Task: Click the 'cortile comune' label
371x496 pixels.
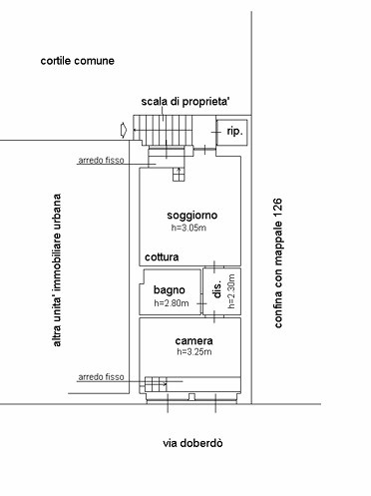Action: pos(77,61)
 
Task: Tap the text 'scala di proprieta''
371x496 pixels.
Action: pos(185,102)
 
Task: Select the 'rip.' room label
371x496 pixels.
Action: pos(234,131)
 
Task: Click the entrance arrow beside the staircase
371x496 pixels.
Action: pos(124,130)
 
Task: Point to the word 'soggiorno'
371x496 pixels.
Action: pos(192,216)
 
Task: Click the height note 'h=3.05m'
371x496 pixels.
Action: pos(188,228)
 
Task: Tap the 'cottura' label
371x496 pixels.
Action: pos(162,257)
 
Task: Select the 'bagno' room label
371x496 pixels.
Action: pos(170,290)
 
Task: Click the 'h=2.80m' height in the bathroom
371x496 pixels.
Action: pos(172,303)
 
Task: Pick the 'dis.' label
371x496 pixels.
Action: pos(217,290)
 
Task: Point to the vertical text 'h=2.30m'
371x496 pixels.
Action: pos(231,291)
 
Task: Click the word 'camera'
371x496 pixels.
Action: pos(194,341)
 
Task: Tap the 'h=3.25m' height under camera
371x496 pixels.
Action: pos(194,352)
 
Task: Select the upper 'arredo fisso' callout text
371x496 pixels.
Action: pos(101,161)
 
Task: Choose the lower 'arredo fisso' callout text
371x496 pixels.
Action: pos(101,377)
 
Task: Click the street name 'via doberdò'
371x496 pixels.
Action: pos(192,443)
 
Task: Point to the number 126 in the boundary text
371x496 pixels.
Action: pos(278,208)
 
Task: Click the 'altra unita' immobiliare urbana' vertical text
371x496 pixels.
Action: pos(57,270)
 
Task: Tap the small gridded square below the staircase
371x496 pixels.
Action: pos(179,175)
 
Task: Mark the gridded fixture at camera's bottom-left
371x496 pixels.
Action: pos(156,384)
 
